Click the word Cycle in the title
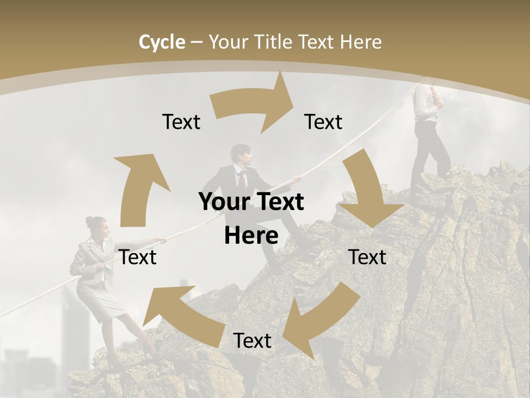coord(162,42)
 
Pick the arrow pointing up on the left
coord(139,188)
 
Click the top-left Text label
coord(181,122)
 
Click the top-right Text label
coord(324,122)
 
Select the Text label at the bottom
coord(252,341)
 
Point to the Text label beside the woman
coord(138,257)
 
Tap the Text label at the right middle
coord(368,257)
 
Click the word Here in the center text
coord(251,235)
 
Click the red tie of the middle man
coord(242,179)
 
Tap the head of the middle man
coord(241,155)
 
